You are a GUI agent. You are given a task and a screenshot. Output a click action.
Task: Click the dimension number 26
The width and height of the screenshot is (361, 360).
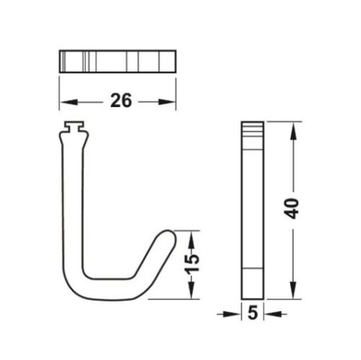[x=121, y=100]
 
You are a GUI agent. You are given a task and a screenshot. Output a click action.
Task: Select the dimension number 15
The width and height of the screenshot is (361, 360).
[x=191, y=265]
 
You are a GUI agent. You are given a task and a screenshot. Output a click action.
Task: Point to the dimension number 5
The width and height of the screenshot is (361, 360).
[x=252, y=314]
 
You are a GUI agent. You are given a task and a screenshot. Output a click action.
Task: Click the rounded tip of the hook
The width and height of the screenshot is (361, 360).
[x=168, y=236]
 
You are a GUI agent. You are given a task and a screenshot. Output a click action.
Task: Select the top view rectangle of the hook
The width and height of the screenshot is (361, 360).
[x=117, y=61]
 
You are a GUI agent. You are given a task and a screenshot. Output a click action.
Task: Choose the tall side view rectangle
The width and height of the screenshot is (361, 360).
[x=252, y=210]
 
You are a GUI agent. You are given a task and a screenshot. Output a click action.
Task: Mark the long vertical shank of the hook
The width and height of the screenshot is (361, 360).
[x=74, y=202]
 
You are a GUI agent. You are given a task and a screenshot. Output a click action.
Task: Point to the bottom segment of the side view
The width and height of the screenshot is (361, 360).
[x=252, y=283]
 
